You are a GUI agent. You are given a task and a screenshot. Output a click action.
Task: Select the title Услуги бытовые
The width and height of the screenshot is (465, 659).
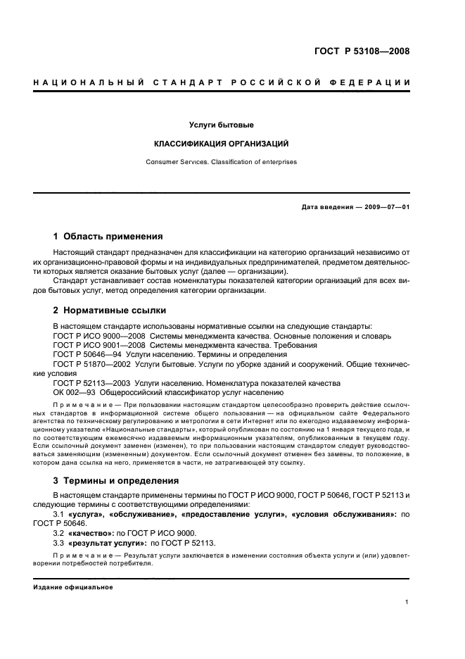pos(221,125)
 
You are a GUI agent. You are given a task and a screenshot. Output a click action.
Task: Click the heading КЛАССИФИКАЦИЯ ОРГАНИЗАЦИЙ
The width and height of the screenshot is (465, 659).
pos(221,144)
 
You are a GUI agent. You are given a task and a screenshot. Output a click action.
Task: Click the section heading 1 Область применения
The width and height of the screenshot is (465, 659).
pos(108,237)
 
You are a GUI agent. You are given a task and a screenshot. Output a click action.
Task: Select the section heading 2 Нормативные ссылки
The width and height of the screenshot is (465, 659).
pos(110,310)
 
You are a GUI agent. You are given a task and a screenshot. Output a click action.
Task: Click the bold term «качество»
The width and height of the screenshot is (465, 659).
pos(89,533)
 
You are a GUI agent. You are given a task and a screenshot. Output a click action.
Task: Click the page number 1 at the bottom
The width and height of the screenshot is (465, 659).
pos(407,602)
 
